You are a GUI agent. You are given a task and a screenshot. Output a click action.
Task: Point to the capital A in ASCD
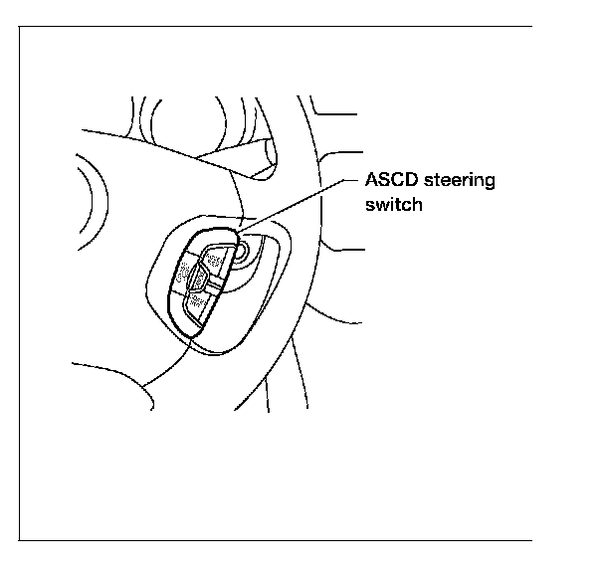click(x=371, y=181)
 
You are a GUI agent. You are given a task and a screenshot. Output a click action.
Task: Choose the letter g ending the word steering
click(x=490, y=184)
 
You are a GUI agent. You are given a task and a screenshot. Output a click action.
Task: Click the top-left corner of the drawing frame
click(x=21, y=27)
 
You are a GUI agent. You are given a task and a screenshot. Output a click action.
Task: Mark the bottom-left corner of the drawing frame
click(x=21, y=540)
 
